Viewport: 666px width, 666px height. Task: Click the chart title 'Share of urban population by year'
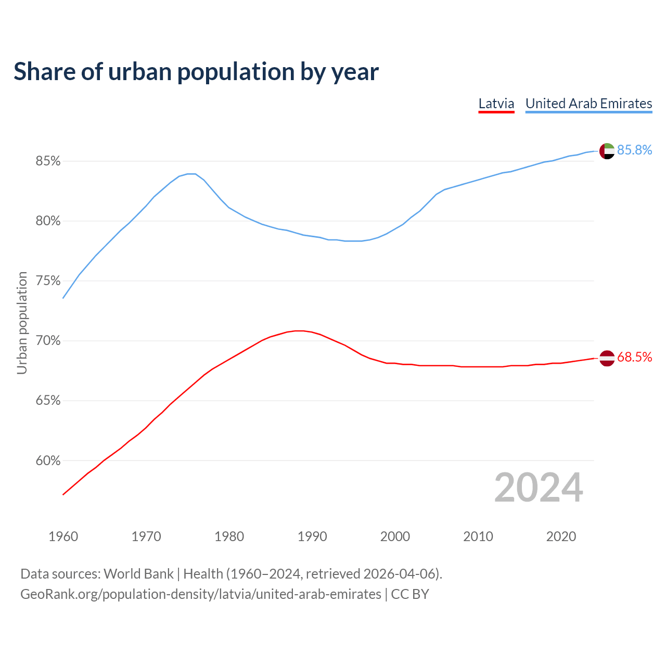[196, 72]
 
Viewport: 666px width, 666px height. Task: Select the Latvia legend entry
[496, 104]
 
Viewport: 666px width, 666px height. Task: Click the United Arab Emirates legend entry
[588, 104]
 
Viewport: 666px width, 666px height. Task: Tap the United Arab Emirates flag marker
[607, 151]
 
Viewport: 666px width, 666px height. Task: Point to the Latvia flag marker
[607, 358]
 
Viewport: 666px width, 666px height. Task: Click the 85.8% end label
[634, 150]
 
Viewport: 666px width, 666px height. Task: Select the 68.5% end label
[634, 357]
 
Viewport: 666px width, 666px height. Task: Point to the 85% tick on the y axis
[48, 161]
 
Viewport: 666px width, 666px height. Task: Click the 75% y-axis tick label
[48, 281]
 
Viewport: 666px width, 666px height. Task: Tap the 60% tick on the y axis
[48, 461]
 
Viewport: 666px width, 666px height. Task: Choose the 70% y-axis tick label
[48, 341]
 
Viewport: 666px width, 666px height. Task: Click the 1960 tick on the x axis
[63, 536]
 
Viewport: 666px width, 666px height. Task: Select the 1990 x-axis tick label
[312, 536]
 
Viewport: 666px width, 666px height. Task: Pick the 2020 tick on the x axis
[561, 536]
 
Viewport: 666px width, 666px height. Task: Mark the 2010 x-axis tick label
[478, 536]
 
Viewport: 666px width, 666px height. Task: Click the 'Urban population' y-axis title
[22, 323]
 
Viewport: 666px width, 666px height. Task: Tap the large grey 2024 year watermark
[539, 488]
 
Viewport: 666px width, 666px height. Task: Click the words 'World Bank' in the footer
[138, 574]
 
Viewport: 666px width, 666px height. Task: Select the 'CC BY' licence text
[410, 594]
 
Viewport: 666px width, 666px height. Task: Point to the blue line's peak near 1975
[191, 174]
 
